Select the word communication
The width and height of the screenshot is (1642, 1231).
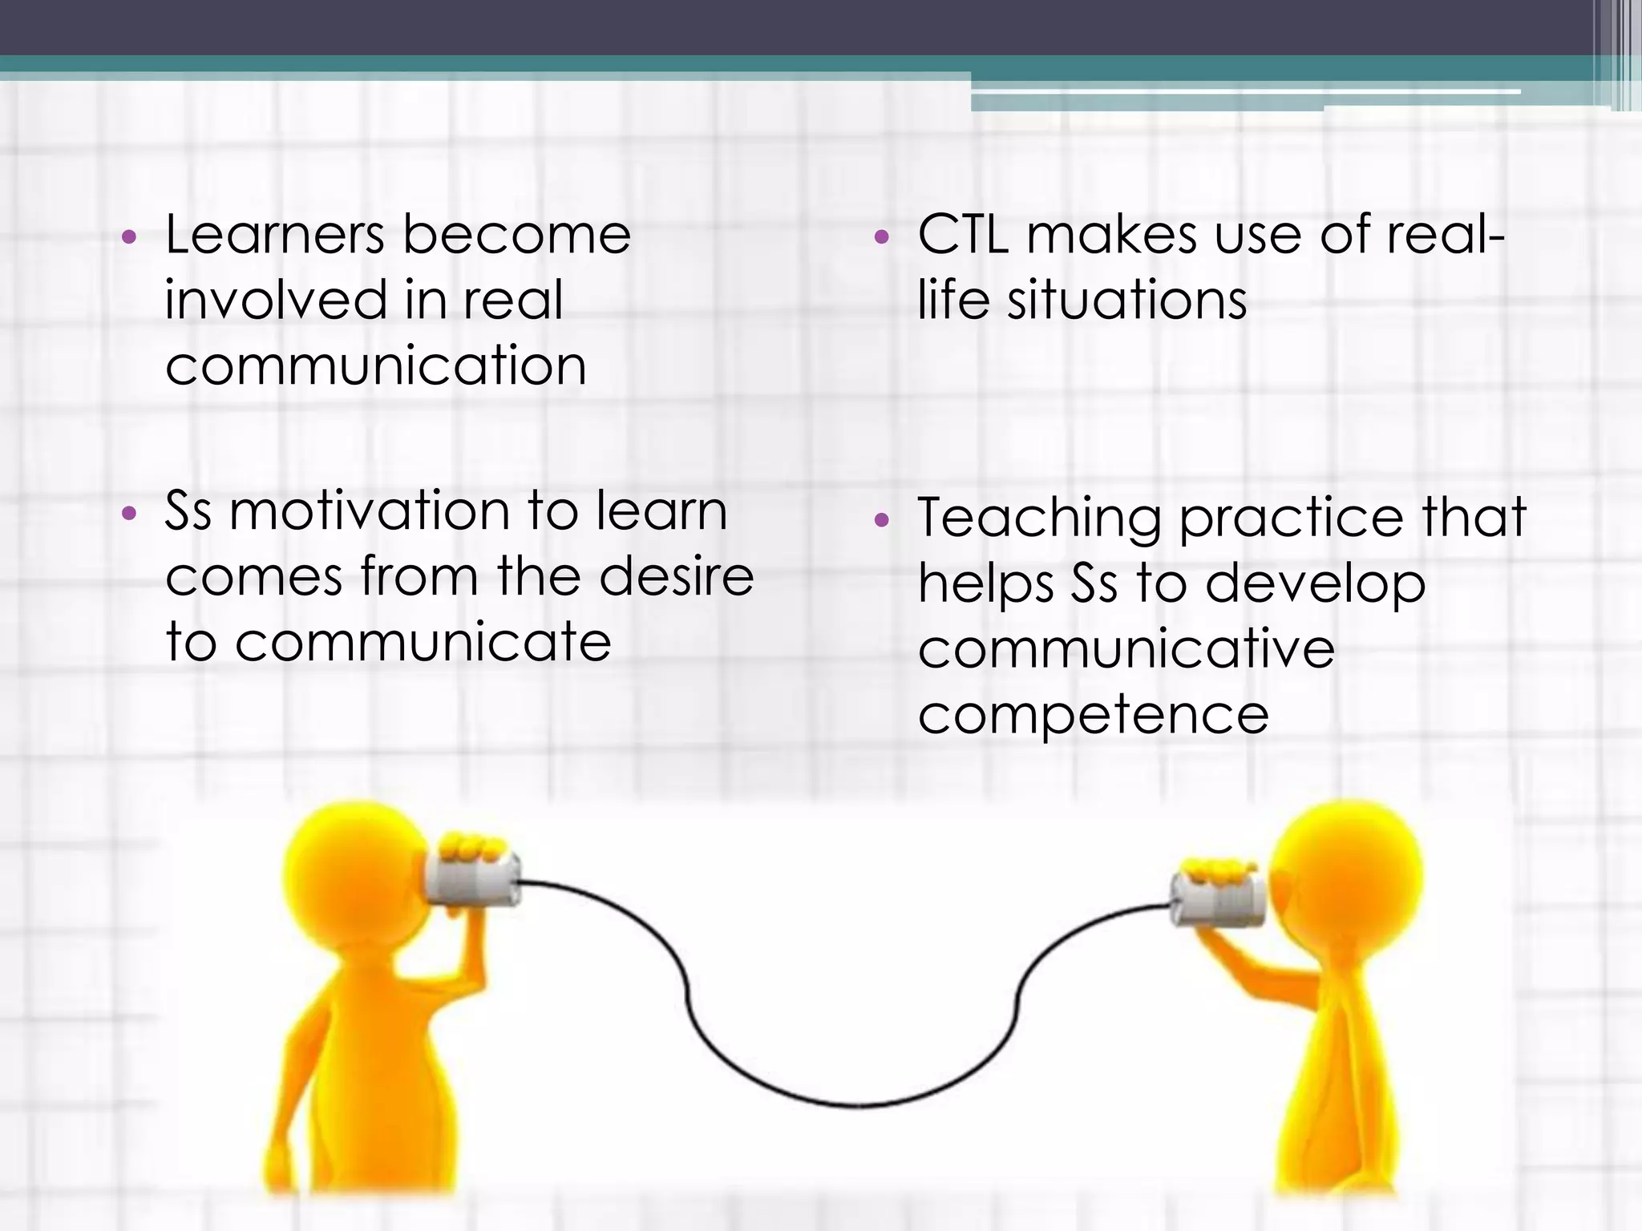click(375, 365)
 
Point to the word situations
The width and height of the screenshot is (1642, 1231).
click(1126, 300)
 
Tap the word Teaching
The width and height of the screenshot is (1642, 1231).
click(1039, 519)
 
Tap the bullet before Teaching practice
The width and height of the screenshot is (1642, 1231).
click(882, 521)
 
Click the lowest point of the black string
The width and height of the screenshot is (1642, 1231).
click(858, 1107)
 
